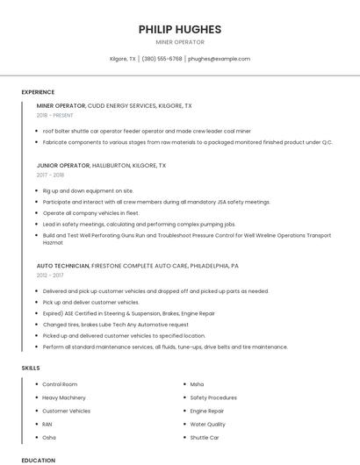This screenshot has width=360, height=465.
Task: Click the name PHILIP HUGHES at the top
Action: pos(180,29)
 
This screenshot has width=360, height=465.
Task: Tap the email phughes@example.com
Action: pos(220,59)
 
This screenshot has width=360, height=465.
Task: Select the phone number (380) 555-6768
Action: pos(162,59)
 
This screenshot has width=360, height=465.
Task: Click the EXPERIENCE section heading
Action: pos(38,92)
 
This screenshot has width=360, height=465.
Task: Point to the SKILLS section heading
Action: pos(31,368)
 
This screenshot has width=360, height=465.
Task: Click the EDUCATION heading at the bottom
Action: pos(38,460)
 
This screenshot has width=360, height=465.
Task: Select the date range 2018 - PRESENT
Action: pos(54,115)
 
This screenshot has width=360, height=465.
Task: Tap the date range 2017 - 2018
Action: pos(50,175)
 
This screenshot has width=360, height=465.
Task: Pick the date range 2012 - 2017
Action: pos(50,275)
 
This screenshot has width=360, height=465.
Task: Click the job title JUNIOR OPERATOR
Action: pos(63,165)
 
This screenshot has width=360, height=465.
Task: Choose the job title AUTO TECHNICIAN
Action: pos(63,265)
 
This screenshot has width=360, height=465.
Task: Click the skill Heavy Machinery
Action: pos(64,397)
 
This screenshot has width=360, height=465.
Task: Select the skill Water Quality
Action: pos(208,424)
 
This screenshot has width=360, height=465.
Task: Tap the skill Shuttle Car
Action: pos(205,437)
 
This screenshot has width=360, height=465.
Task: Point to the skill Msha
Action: pos(197,384)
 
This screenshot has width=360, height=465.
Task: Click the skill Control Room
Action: pos(60,384)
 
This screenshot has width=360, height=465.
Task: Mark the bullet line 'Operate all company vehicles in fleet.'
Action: pos(90,212)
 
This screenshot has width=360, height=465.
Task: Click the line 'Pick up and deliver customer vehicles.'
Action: pos(90,302)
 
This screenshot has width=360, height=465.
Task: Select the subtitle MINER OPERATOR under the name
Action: pos(180,42)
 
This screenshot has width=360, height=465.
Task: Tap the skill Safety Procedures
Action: pos(213,397)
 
